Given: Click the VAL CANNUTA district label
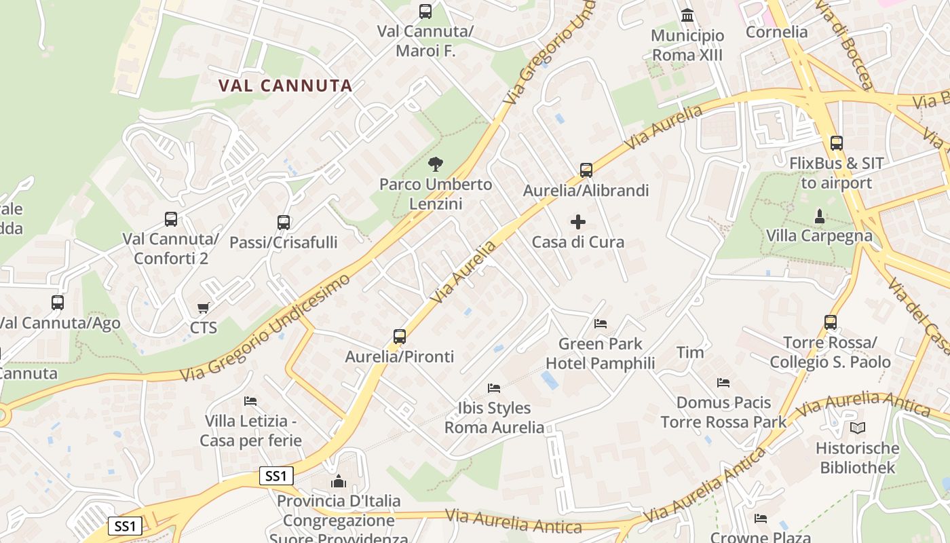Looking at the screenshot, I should click(285, 86).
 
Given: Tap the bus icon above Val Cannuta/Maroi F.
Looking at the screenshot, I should click(425, 12).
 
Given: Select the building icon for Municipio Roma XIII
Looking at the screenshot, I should click(687, 15).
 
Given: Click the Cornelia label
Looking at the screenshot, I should click(776, 32).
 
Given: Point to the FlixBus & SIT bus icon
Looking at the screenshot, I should click(837, 143).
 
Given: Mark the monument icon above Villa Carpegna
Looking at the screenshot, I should click(820, 217).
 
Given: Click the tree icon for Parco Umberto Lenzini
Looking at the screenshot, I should click(436, 164).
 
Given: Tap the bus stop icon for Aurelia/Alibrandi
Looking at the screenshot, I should click(586, 170).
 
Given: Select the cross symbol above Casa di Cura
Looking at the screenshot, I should click(578, 222).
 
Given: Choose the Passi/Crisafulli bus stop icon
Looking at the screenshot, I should click(284, 222).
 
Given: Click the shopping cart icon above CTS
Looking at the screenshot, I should click(203, 308).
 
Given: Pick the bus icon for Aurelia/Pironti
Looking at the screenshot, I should click(400, 336).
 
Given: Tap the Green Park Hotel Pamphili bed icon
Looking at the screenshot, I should click(601, 323).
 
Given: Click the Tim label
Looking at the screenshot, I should click(690, 352).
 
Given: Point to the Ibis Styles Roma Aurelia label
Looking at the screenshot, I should click(494, 417).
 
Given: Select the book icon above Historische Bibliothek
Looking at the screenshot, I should click(858, 428).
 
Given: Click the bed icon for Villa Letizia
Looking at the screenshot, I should click(250, 401).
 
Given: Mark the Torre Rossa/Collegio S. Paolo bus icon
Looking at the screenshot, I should click(831, 322).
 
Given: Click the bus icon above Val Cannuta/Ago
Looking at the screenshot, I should click(58, 303).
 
